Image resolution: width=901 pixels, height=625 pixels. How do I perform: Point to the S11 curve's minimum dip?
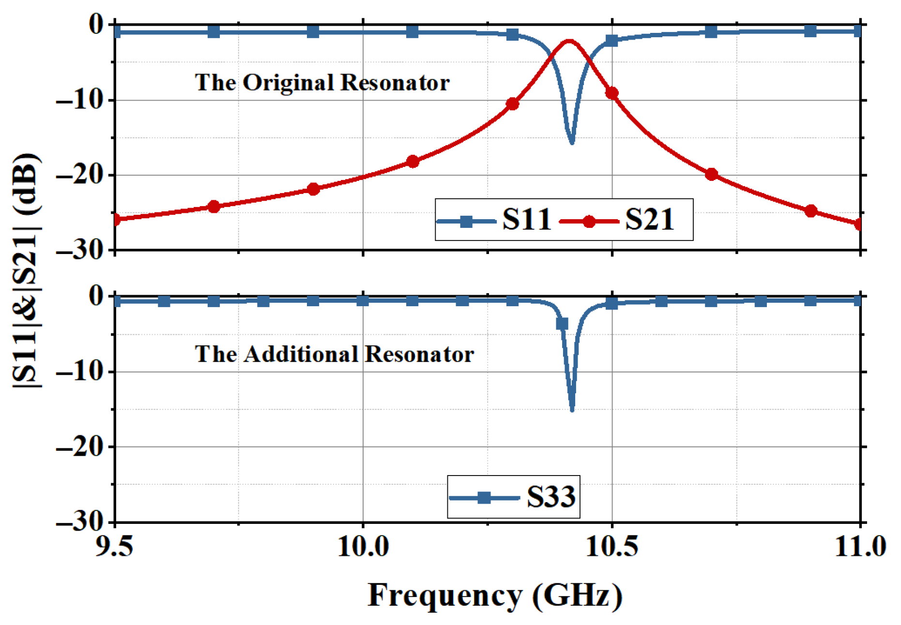click(x=572, y=142)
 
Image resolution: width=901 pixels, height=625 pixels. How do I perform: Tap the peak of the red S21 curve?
click(x=569, y=42)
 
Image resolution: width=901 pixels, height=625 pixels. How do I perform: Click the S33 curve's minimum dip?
click(x=572, y=410)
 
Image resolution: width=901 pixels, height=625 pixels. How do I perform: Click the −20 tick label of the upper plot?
click(x=80, y=175)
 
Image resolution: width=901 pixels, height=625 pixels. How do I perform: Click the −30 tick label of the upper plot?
click(x=80, y=250)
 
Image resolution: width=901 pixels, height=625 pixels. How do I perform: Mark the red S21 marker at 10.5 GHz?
click(x=612, y=93)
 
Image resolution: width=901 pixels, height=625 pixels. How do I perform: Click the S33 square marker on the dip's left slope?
click(x=562, y=324)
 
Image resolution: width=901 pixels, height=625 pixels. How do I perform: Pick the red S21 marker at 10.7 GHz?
click(x=711, y=175)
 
